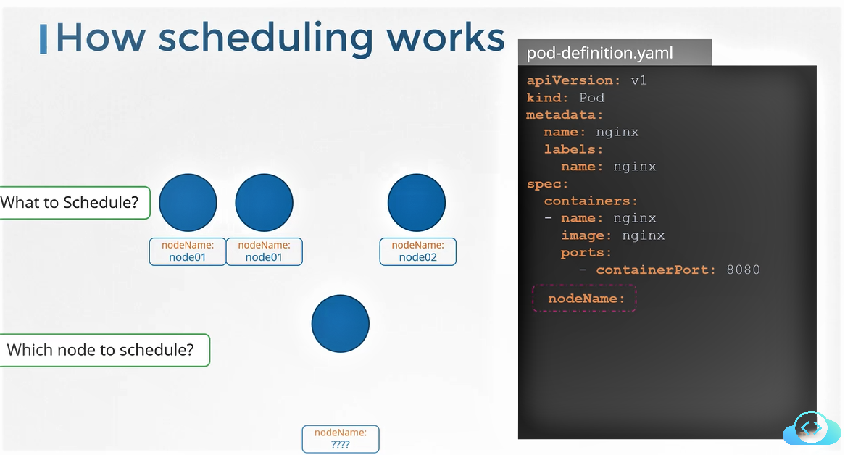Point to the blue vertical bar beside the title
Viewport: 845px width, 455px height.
click(43, 38)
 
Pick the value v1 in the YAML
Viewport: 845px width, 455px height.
click(638, 80)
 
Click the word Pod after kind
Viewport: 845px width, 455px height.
click(591, 98)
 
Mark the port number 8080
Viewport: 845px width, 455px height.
click(743, 270)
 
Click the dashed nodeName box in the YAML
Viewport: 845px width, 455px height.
click(584, 299)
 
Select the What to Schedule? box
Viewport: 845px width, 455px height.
click(73, 203)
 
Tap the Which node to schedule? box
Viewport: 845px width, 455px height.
click(102, 351)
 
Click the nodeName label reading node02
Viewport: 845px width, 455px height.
click(418, 251)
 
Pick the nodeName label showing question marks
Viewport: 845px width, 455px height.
click(340, 439)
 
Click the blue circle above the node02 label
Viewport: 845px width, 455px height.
click(417, 203)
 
